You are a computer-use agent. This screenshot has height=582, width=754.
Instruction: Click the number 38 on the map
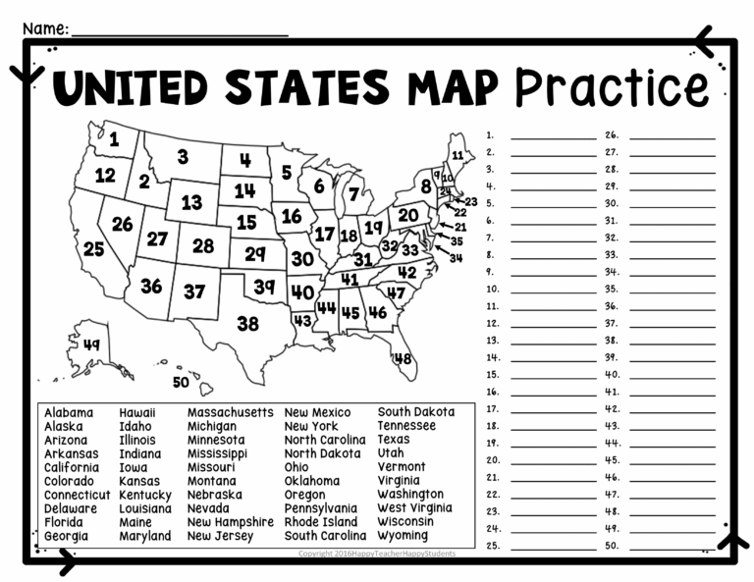click(247, 324)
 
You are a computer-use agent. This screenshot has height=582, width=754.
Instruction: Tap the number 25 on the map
click(93, 249)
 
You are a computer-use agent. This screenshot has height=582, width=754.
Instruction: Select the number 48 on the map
click(403, 359)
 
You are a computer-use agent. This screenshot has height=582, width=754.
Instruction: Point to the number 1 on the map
click(114, 139)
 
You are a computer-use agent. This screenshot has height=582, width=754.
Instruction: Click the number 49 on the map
click(91, 344)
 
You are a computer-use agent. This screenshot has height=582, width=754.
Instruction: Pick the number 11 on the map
click(458, 156)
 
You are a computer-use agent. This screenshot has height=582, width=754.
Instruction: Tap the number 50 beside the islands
click(180, 383)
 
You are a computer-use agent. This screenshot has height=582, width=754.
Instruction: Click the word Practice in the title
click(612, 87)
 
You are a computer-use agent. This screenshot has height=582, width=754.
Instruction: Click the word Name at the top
click(44, 28)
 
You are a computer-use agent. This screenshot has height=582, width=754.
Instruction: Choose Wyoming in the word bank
click(403, 536)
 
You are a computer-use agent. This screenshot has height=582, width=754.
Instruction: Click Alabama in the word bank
click(69, 412)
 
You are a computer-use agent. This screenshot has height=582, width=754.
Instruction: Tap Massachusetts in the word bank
click(230, 412)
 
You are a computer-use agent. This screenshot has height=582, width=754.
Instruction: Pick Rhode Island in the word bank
click(321, 522)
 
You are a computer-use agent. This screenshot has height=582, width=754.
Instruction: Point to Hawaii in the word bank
click(136, 412)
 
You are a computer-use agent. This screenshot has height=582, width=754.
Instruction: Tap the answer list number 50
click(612, 545)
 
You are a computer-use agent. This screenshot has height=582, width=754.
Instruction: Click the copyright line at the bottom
click(377, 555)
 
